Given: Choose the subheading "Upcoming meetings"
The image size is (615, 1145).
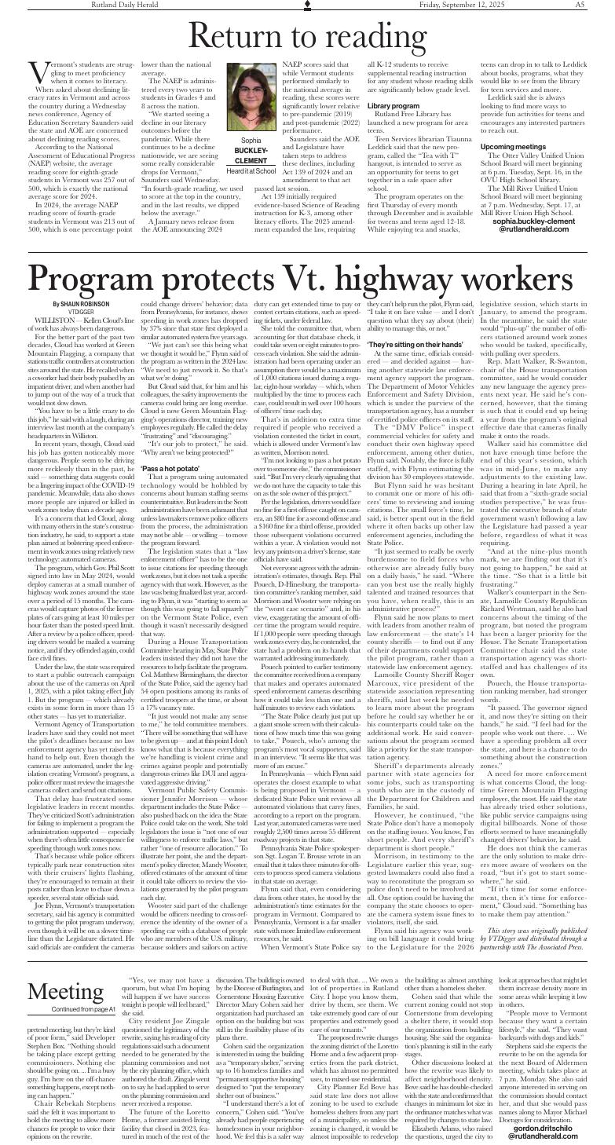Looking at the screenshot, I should (513, 147).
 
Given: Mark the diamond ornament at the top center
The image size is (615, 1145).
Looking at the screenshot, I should (307, 5).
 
